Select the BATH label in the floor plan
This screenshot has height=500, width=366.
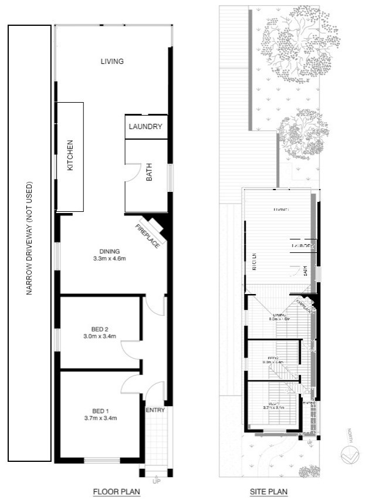(149, 174)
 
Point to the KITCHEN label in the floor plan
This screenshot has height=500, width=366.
(69, 155)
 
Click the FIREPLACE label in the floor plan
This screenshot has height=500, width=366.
(147, 236)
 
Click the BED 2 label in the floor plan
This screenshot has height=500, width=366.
(100, 329)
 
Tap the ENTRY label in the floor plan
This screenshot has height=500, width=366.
(156, 410)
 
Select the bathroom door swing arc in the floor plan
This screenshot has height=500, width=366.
(133, 171)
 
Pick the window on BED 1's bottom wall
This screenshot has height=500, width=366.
(102, 460)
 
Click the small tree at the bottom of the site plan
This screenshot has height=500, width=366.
(309, 471)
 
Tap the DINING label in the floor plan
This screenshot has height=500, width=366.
(110, 251)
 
